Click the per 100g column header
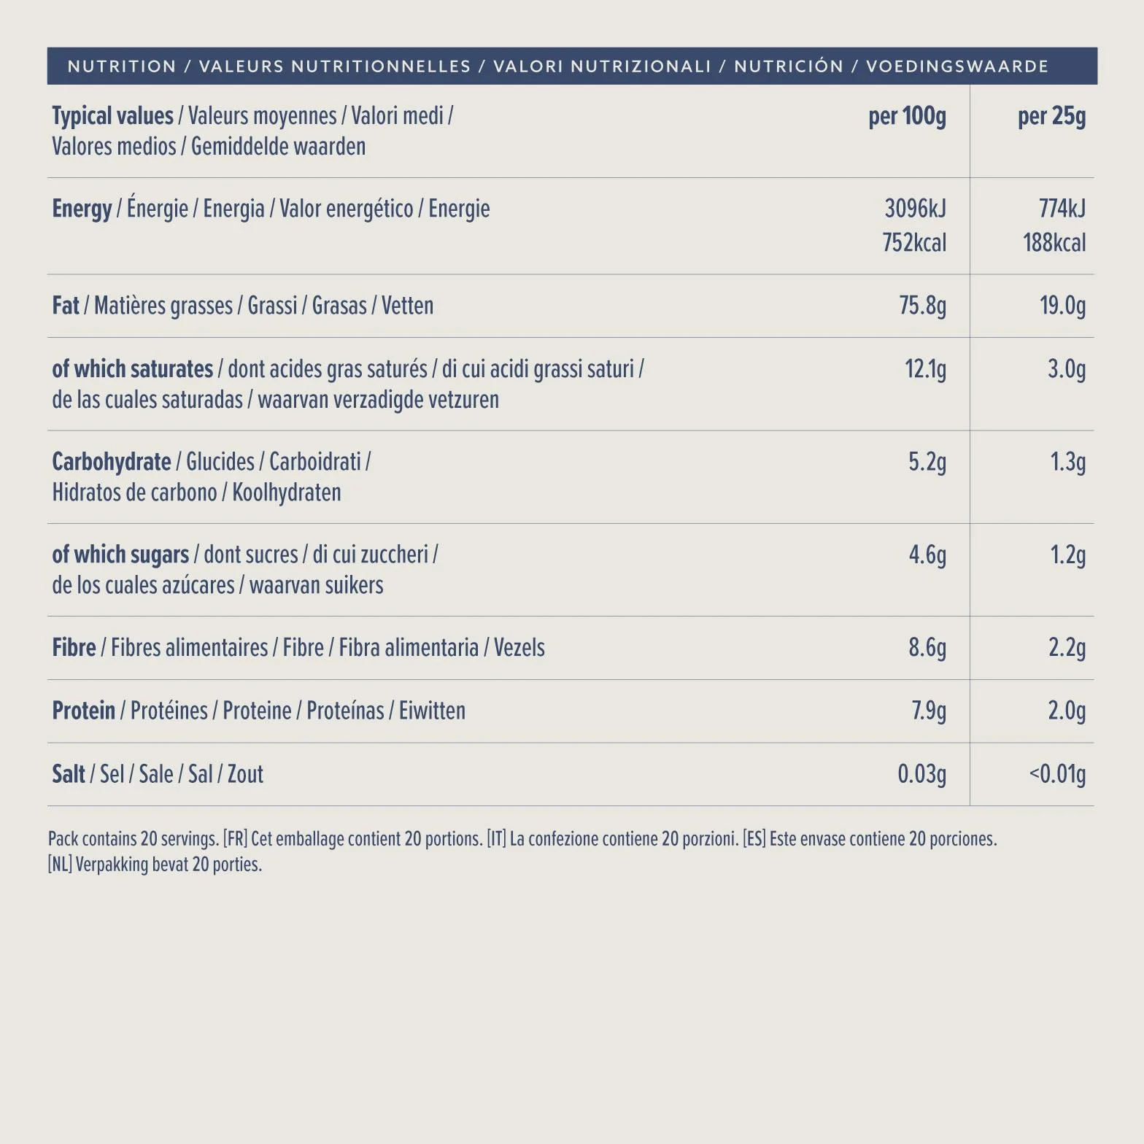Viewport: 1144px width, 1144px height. point(907,117)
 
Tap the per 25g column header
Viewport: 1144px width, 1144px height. point(1051,117)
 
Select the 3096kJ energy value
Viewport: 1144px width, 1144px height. point(915,209)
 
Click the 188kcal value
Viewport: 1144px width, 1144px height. point(1054,242)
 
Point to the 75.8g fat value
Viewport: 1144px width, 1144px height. point(922,306)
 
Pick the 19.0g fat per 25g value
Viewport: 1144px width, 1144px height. point(1062,306)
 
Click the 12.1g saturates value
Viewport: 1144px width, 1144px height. point(925,369)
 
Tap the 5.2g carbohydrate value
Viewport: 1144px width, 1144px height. point(927,462)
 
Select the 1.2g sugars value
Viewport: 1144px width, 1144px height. point(1067,555)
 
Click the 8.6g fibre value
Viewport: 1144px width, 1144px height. point(927,648)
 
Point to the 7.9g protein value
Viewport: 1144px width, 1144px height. point(929,711)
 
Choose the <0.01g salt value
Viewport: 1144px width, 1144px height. point(1057,774)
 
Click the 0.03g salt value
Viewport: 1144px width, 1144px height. point(921,774)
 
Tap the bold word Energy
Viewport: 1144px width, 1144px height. point(82,209)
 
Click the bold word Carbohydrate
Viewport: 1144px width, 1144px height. point(112,462)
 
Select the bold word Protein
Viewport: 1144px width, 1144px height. point(84,711)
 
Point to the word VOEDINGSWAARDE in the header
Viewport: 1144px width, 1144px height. point(956,66)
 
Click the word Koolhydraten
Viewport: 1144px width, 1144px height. point(287,493)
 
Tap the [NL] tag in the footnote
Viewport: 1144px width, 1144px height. point(60,865)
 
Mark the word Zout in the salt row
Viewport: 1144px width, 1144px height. point(245,774)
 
